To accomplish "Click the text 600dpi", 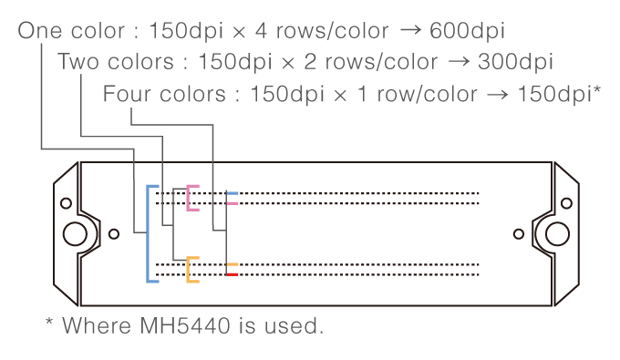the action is point(467,30).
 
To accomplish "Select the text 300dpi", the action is point(515,62).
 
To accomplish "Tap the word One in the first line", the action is point(39,30).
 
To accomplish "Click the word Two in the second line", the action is point(77,62).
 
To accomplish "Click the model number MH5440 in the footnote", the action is point(185,325).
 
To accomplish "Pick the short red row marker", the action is point(232,274).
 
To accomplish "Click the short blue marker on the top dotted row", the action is point(232,193).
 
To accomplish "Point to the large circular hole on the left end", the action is point(75,234).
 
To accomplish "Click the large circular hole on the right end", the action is point(557,234).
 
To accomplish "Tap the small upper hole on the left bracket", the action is point(66,203).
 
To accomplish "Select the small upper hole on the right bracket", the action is point(566,203).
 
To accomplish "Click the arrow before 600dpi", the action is point(410,30).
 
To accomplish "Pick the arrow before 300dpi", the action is point(459,62).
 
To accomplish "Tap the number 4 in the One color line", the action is point(261,30).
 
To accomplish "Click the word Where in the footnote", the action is point(97,325).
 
